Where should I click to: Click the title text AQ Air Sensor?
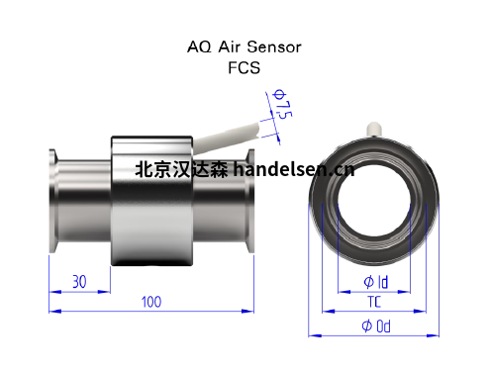tap(245, 46)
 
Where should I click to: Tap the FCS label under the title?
tap(245, 68)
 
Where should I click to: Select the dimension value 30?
tap(79, 282)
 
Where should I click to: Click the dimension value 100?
tap(151, 302)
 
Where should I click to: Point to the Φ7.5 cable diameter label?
tap(282, 104)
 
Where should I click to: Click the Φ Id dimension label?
tap(376, 282)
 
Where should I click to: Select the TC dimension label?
tap(374, 302)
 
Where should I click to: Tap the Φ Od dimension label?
tap(376, 326)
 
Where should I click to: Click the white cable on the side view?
tap(228, 139)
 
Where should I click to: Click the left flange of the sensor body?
tap(53, 201)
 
